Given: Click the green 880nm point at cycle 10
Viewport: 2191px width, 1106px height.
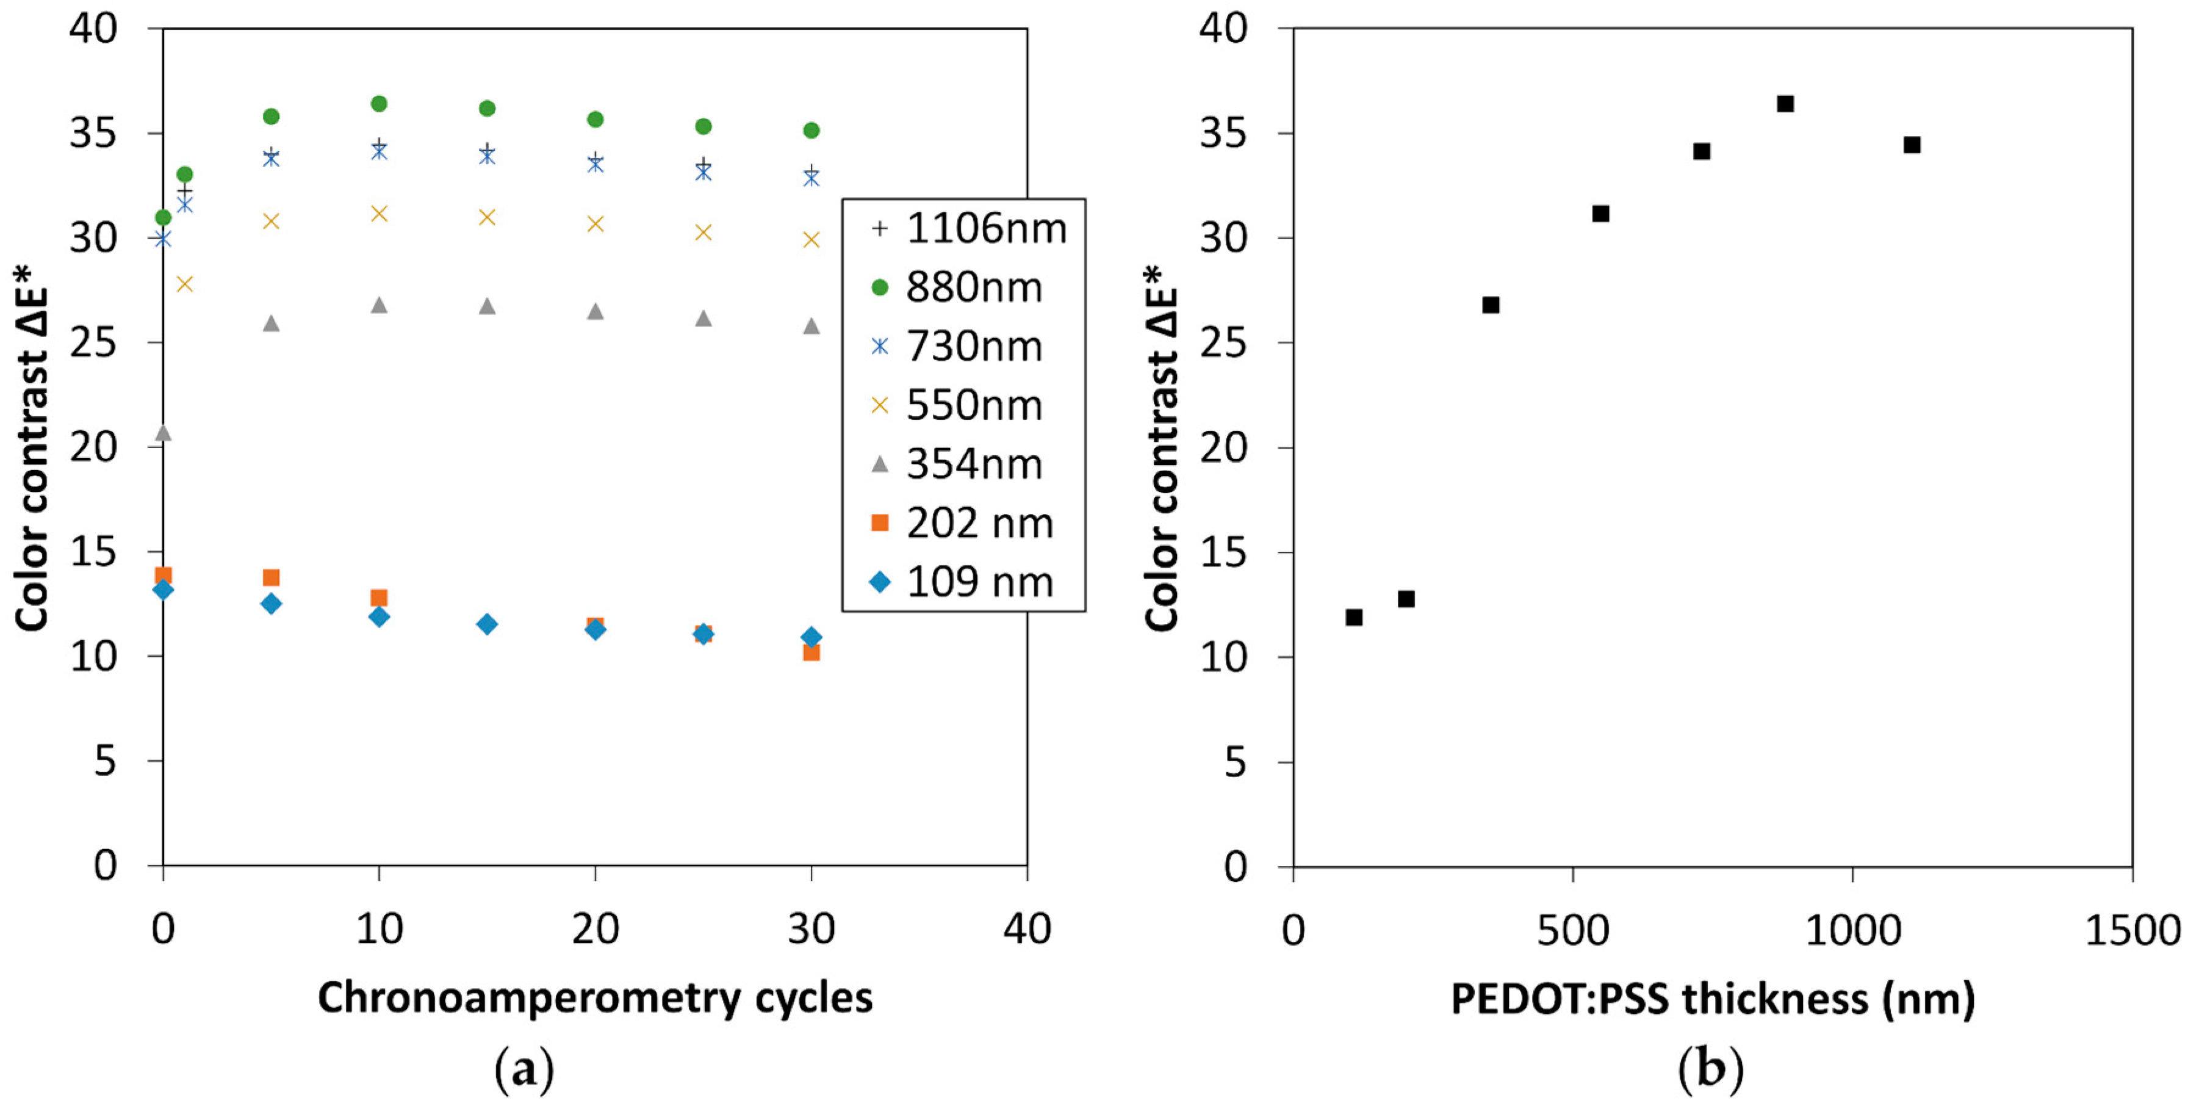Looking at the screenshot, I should coord(380,104).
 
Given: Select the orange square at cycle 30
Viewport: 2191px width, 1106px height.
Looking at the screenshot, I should coord(811,652).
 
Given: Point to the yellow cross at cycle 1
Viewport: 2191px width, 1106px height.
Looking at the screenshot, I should coord(185,284).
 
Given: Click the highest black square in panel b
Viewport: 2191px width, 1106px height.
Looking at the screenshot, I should coord(1785,104).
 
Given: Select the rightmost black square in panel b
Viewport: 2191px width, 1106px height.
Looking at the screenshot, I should coord(1912,145).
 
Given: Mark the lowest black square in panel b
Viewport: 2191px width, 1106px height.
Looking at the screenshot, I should coord(1354,617).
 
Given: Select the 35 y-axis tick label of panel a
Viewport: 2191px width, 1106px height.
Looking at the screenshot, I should coord(93,134).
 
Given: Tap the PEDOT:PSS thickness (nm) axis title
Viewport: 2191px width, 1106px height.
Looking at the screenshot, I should coord(1712,999).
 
